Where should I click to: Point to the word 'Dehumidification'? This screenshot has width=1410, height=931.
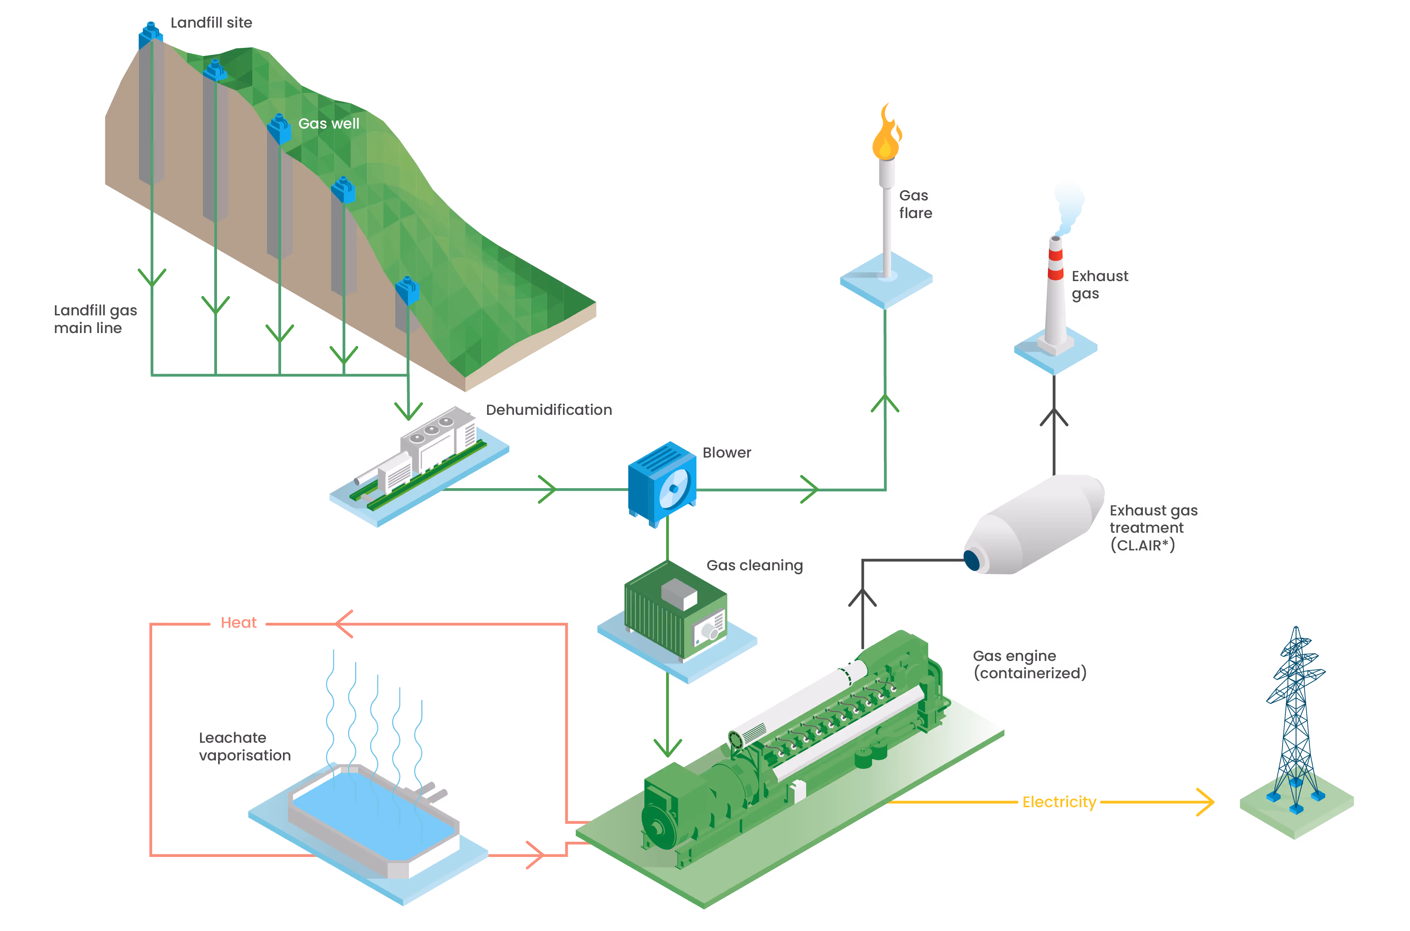tap(549, 410)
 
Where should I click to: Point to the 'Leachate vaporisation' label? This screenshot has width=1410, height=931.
tap(245, 746)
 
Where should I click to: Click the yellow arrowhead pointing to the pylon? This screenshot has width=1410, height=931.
tap(1205, 802)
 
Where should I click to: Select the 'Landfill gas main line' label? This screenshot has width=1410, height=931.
tap(95, 319)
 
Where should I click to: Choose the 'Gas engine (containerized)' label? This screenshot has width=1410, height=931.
tap(1029, 664)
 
